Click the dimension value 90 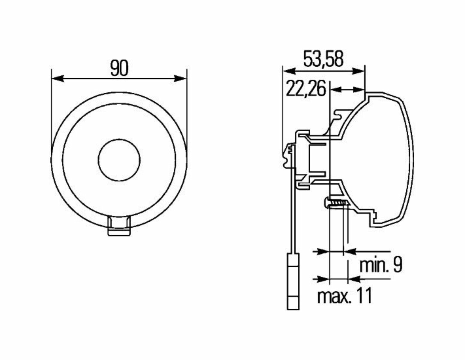(x=119, y=68)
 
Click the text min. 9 (x=380, y=265)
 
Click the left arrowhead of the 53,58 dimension (x=288, y=71)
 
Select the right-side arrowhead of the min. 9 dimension (x=349, y=251)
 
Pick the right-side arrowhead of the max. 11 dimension (x=354, y=279)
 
